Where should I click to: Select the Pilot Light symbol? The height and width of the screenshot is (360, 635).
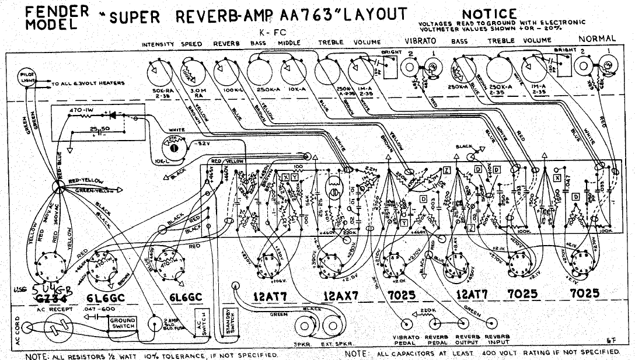coord(27,78)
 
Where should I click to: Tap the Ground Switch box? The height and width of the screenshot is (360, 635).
coord(123,324)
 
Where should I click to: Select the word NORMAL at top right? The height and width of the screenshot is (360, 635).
coord(596,39)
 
